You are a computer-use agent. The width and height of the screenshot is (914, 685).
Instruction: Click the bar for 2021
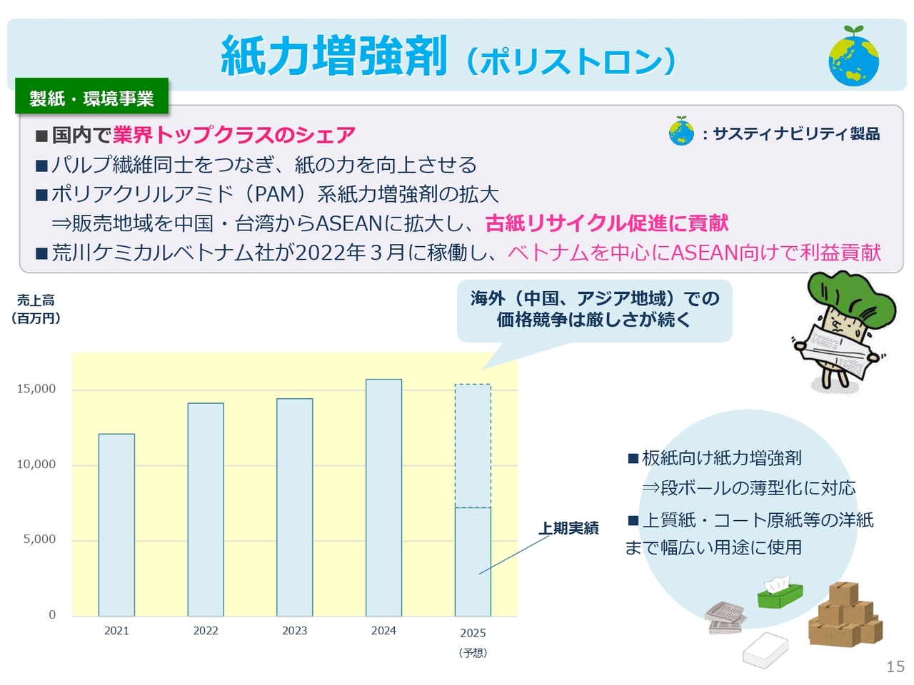(x=116, y=525)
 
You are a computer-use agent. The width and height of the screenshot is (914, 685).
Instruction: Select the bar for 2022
(x=206, y=509)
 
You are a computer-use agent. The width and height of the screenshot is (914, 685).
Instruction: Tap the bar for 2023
(x=295, y=507)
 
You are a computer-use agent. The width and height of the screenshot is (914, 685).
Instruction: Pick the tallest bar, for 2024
(x=384, y=497)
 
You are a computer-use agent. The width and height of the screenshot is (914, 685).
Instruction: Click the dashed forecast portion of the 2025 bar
(x=473, y=446)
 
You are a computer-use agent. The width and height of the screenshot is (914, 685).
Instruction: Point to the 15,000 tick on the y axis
(x=36, y=389)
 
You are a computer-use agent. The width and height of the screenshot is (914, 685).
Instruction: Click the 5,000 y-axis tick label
(x=39, y=539)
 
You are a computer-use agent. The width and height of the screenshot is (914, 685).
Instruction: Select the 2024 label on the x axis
(x=383, y=631)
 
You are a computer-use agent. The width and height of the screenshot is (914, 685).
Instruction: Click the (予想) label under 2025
(x=473, y=653)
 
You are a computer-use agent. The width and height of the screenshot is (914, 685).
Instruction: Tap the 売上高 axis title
(x=36, y=300)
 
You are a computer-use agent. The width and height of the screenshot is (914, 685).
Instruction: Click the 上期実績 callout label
(x=569, y=528)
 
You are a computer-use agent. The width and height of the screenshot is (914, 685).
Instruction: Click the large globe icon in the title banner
(x=853, y=56)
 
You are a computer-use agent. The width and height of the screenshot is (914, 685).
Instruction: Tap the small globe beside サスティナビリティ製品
(x=681, y=131)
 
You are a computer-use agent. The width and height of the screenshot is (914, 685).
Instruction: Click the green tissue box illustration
(x=780, y=592)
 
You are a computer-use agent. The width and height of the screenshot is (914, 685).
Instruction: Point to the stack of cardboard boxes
(x=845, y=614)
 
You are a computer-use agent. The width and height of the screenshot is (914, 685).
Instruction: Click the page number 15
(x=895, y=666)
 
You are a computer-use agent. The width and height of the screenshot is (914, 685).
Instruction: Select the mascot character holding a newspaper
(x=845, y=333)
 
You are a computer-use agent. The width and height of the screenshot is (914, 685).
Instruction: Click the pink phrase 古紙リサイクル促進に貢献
(x=607, y=223)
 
